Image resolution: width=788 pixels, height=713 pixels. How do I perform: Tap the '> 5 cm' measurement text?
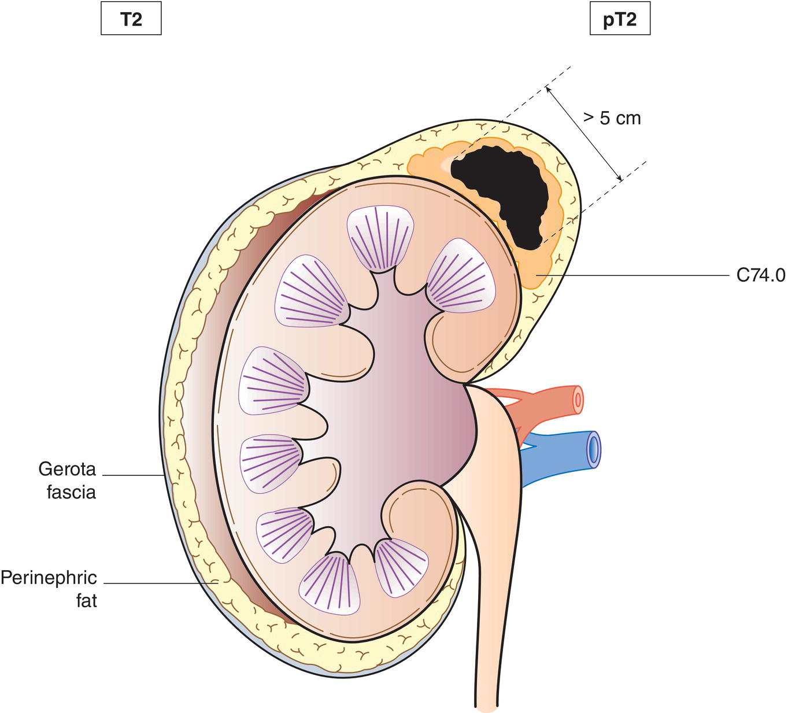612,118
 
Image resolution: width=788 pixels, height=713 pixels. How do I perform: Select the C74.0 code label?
760,276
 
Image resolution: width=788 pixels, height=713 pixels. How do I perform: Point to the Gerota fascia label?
67,480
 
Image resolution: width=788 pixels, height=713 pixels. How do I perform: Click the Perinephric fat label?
49,589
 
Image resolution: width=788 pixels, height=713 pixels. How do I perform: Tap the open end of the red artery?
576,400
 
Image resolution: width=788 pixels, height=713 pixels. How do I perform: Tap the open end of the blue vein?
593,448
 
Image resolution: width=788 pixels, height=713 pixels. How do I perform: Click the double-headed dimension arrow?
584,134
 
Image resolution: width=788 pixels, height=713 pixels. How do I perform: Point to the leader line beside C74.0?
636,276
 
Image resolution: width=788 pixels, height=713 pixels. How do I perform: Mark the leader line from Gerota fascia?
133,475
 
